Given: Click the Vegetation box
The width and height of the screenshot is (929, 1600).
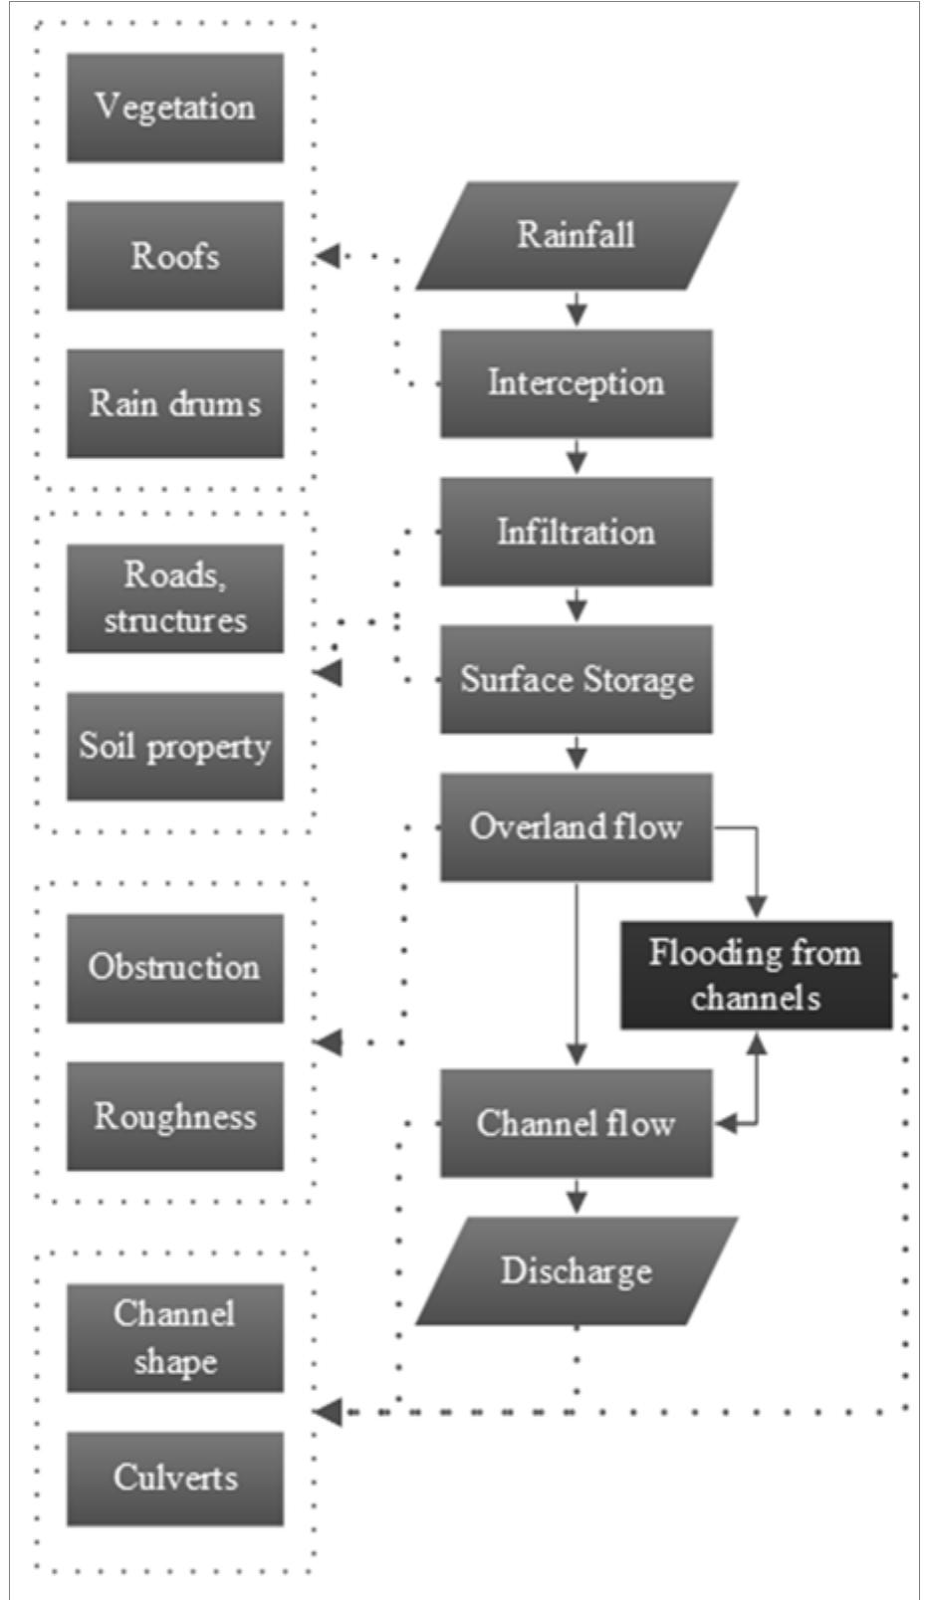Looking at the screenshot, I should click(x=175, y=108).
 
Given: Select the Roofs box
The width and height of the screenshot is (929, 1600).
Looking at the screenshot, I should click(x=175, y=256).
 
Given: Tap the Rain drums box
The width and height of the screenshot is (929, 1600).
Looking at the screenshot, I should click(x=175, y=403).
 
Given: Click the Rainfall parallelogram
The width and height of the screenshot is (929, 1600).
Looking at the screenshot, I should click(x=576, y=236).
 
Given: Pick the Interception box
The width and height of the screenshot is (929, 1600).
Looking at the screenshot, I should click(x=576, y=383).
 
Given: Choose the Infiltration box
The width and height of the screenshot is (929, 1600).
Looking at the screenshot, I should click(x=576, y=532).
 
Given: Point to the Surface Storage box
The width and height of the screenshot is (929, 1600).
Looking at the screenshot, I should click(x=576, y=679).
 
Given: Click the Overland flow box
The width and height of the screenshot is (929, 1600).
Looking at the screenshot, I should click(x=576, y=826).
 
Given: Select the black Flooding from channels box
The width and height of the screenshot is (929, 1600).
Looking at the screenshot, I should click(x=756, y=975).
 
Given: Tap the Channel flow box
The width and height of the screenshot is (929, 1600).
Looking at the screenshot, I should click(x=576, y=1123).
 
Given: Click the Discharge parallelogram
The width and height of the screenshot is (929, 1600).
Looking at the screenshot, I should click(x=576, y=1271).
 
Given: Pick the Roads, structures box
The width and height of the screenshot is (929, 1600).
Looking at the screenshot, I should click(x=175, y=597).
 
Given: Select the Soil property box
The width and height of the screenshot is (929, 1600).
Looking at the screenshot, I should click(x=175, y=747).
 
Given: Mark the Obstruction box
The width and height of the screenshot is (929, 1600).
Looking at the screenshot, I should click(x=175, y=968).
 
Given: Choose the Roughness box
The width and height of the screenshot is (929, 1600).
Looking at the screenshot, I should click(x=175, y=1116).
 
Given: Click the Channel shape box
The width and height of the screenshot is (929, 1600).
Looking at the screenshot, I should click(x=175, y=1337).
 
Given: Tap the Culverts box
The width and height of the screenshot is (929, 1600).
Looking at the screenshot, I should click(x=175, y=1478).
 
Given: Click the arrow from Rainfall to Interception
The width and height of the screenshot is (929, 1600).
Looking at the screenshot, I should click(x=577, y=310).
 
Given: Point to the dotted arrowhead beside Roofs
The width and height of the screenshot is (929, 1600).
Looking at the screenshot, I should click(x=328, y=256).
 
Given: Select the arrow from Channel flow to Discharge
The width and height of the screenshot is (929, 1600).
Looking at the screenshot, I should click(x=577, y=1196).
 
